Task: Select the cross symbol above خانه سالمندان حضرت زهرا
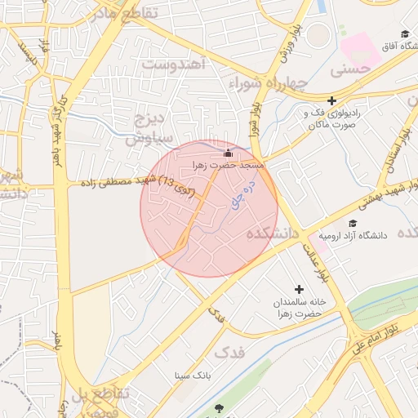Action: [x=300, y=289]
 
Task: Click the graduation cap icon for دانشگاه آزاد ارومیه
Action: [x=353, y=224]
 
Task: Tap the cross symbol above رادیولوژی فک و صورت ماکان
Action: [x=331, y=100]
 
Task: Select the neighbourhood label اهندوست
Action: [x=172, y=64]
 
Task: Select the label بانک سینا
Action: [x=193, y=376]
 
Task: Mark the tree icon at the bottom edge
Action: [x=218, y=407]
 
